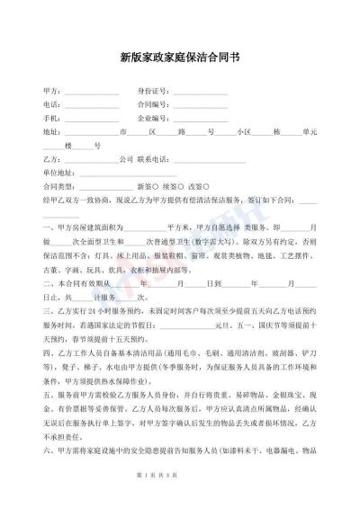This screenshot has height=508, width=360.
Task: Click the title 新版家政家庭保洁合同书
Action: (180, 56)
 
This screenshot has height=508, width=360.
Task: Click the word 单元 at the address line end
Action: (309, 131)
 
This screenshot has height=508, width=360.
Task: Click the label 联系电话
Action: (152, 158)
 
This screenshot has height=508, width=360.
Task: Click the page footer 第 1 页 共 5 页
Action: (180, 497)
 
